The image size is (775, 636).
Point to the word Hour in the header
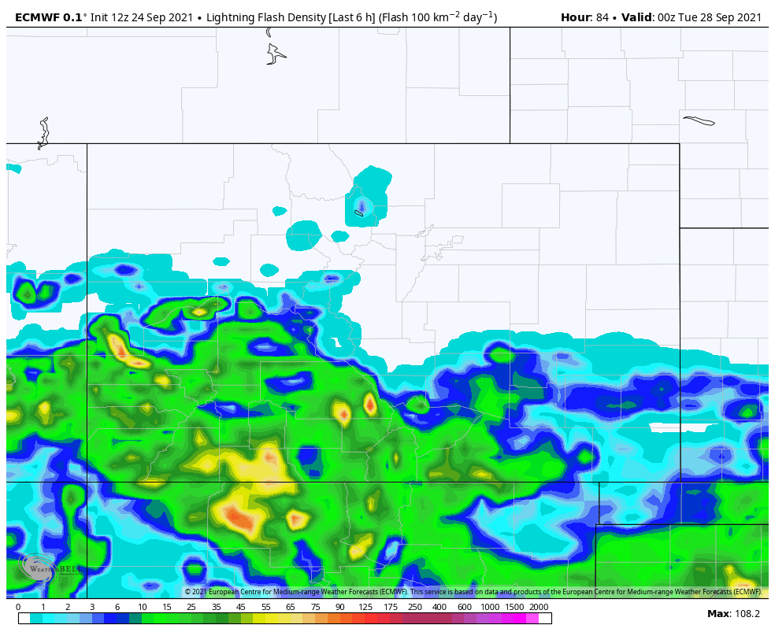tap(575, 17)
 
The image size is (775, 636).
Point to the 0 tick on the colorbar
tap(18, 607)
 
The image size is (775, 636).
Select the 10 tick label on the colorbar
tap(143, 607)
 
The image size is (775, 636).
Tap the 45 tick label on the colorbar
tap(241, 607)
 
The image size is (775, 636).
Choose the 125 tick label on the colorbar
tap(365, 607)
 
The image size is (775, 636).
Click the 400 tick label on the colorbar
tap(439, 607)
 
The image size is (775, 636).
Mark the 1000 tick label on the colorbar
tap(490, 607)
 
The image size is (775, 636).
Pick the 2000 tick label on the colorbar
tap(539, 607)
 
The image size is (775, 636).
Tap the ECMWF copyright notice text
tap(473, 592)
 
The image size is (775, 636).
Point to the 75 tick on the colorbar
tap(316, 607)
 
